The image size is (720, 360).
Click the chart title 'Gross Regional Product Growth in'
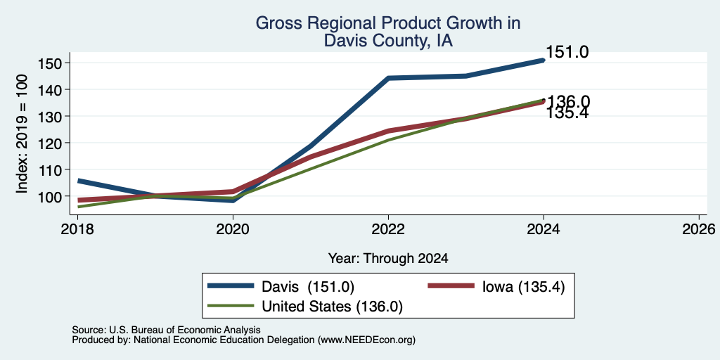(x=388, y=23)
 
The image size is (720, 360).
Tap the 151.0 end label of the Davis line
(x=567, y=52)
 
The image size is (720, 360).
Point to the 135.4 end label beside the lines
(x=567, y=113)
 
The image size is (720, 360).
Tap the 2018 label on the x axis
(x=77, y=229)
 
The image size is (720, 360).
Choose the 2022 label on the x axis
(x=388, y=229)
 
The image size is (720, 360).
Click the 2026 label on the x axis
(x=699, y=229)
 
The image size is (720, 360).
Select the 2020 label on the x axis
(x=233, y=229)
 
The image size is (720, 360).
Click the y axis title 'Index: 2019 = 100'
(x=22, y=134)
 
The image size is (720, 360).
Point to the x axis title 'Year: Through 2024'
(x=388, y=259)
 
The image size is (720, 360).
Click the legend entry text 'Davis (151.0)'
(x=308, y=287)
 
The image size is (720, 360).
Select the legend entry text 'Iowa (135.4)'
(x=523, y=287)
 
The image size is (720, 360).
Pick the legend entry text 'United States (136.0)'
(x=332, y=307)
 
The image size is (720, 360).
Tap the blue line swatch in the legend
(x=231, y=285)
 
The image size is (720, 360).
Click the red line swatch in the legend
(x=451, y=285)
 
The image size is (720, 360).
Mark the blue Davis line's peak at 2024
(x=544, y=60)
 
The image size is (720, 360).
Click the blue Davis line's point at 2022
(x=388, y=78)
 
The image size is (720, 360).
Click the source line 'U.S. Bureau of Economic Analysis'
(x=185, y=330)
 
